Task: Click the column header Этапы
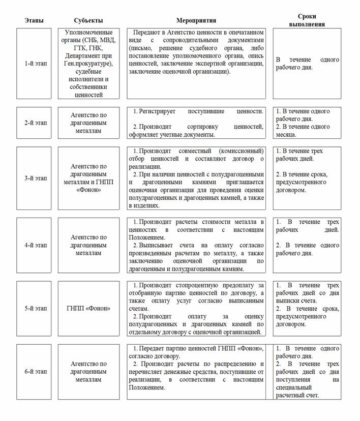coord(34,20)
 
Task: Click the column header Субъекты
coord(88,20)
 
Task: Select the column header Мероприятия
coord(196,20)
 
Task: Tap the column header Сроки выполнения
coord(307,20)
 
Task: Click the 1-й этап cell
coord(34,64)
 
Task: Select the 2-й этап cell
coord(34,123)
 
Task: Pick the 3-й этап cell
coord(34,178)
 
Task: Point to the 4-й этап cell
coord(34,245)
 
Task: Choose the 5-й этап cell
coord(34,308)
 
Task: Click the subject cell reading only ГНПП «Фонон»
coord(88,308)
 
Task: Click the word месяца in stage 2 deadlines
coord(286,135)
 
